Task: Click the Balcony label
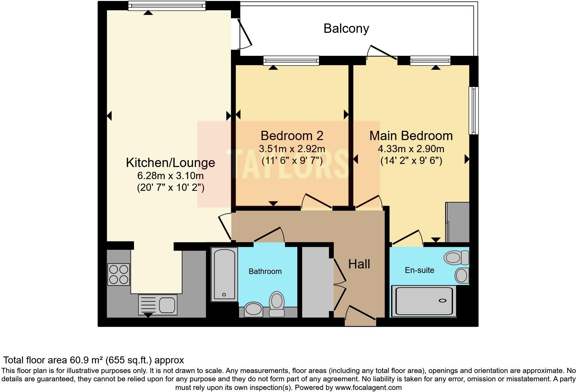coord(346,28)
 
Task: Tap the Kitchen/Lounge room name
coord(171,163)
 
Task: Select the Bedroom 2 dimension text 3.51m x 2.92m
coord(292,149)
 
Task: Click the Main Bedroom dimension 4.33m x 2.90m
coord(411,149)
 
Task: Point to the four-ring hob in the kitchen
coord(119,274)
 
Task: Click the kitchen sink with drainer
coord(158,305)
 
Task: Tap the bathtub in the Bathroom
coord(224,274)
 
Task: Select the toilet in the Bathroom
coord(277,304)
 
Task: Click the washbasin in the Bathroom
coord(254,309)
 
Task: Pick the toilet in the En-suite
coord(457,257)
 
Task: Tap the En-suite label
coord(419,270)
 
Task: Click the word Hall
coord(359,264)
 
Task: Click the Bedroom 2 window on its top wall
coord(291,61)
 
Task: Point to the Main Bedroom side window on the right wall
coord(474,110)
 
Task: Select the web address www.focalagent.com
coord(368,388)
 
